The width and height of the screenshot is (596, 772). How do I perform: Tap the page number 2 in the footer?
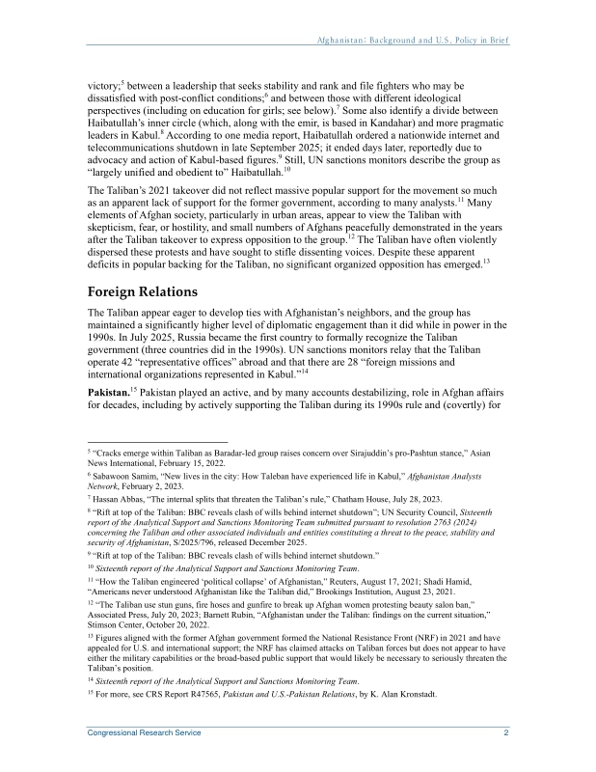pos(506,733)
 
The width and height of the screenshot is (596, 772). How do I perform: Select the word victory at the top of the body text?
pos(103,87)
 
